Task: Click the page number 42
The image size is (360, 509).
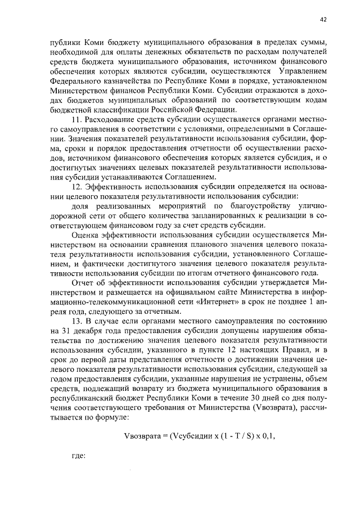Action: pyautogui.click(x=323, y=20)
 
